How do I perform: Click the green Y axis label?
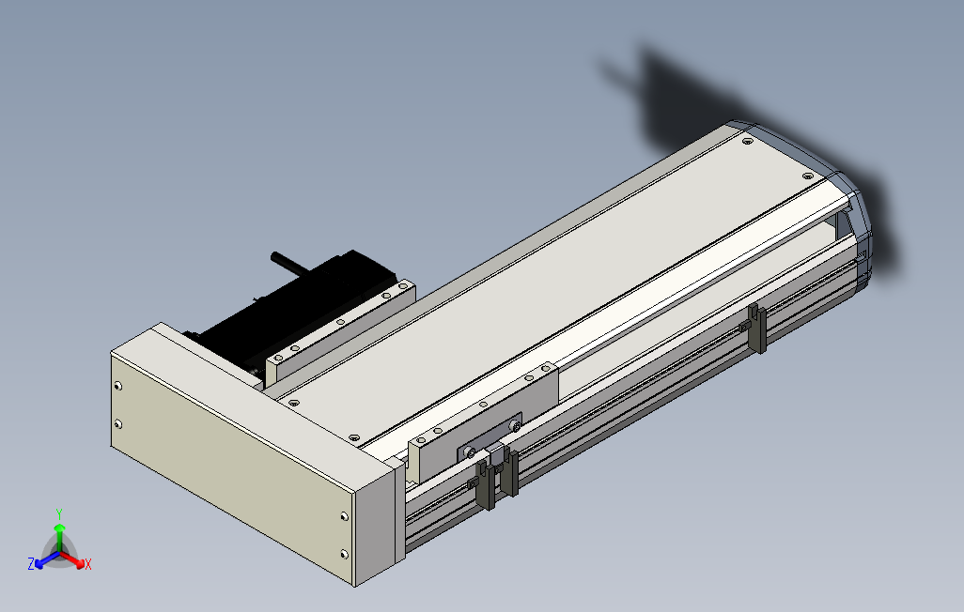58,513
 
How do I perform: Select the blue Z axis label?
31,564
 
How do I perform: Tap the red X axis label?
87,564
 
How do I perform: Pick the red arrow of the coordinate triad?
75,560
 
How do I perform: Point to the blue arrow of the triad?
43,561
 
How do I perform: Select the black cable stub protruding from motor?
288,262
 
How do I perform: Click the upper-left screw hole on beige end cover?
117,386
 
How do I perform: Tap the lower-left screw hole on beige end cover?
117,424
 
